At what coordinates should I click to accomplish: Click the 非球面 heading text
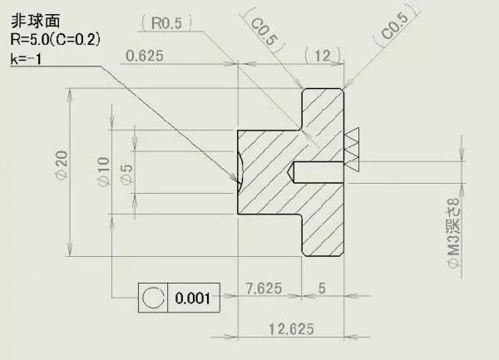pos(35,21)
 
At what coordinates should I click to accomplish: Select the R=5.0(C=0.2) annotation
pos(56,40)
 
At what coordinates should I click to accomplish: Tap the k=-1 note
pos(26,59)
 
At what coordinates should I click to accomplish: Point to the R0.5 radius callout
pos(166,23)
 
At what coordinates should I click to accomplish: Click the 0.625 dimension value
pos(145,56)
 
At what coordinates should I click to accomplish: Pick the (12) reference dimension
pos(323,56)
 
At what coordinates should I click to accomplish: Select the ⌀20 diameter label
pos(62,165)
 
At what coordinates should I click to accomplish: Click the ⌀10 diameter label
pos(103,171)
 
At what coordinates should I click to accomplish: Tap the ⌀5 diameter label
pos(126,174)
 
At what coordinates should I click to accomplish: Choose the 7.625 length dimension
pos(264,288)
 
